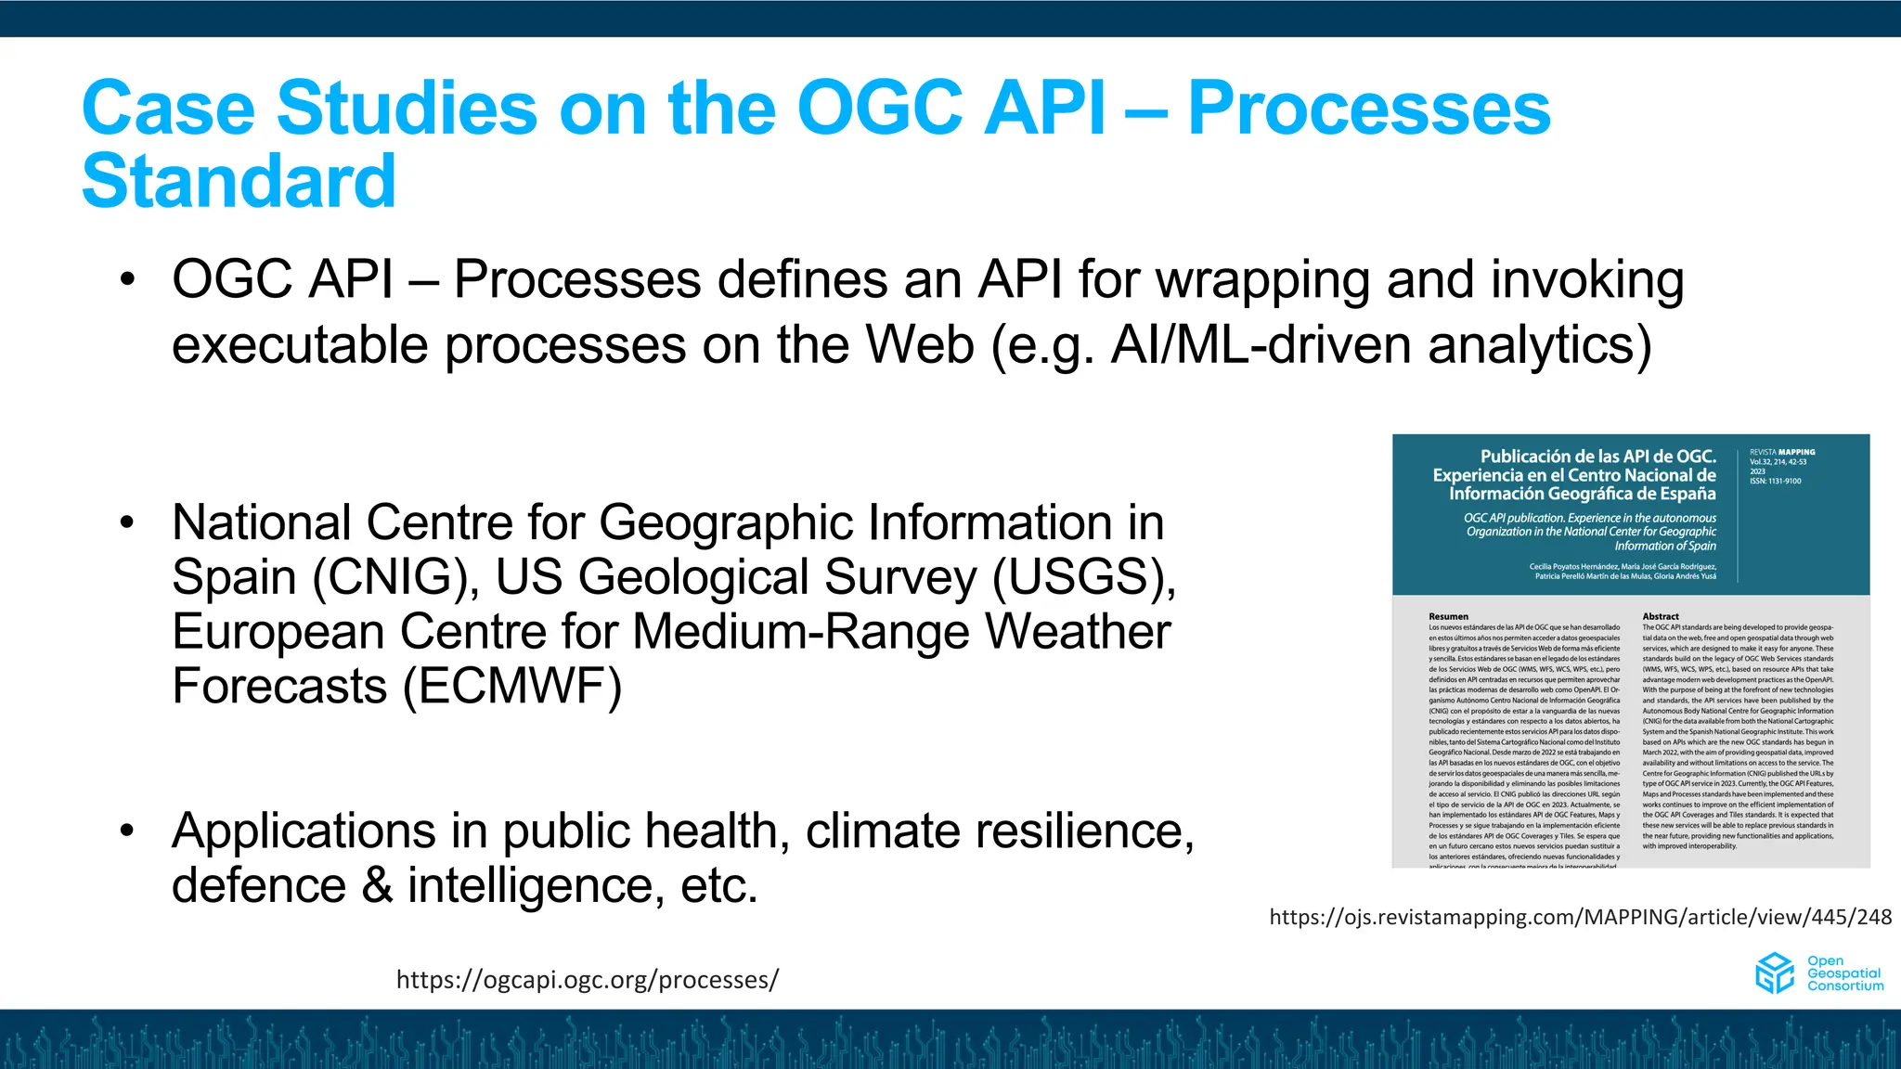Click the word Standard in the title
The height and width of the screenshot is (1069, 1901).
click(x=239, y=181)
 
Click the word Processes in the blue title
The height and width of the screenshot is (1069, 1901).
click(x=1368, y=109)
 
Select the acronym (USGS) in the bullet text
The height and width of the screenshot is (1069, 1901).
click(x=1083, y=577)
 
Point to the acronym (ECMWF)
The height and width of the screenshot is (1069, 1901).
click(x=511, y=687)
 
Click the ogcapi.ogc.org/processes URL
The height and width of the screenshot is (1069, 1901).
click(x=587, y=980)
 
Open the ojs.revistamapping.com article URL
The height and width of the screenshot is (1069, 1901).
click(x=1580, y=917)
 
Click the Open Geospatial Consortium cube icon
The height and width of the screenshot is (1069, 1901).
click(x=1774, y=973)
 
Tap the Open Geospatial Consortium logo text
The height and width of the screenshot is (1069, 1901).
click(x=1844, y=973)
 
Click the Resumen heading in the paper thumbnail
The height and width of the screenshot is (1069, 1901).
click(x=1448, y=616)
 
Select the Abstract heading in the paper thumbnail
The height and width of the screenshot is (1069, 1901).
click(x=1661, y=616)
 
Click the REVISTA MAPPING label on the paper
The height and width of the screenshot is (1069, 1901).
click(x=1782, y=452)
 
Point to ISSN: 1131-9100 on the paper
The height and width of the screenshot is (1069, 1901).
click(x=1775, y=481)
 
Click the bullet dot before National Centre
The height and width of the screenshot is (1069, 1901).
click(x=127, y=523)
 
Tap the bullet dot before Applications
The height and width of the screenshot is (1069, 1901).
click(x=127, y=831)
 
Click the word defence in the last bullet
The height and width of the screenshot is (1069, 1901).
click(x=258, y=885)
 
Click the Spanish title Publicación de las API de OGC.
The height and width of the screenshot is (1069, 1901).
click(x=1597, y=457)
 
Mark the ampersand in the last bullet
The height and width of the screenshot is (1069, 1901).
click(x=376, y=885)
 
